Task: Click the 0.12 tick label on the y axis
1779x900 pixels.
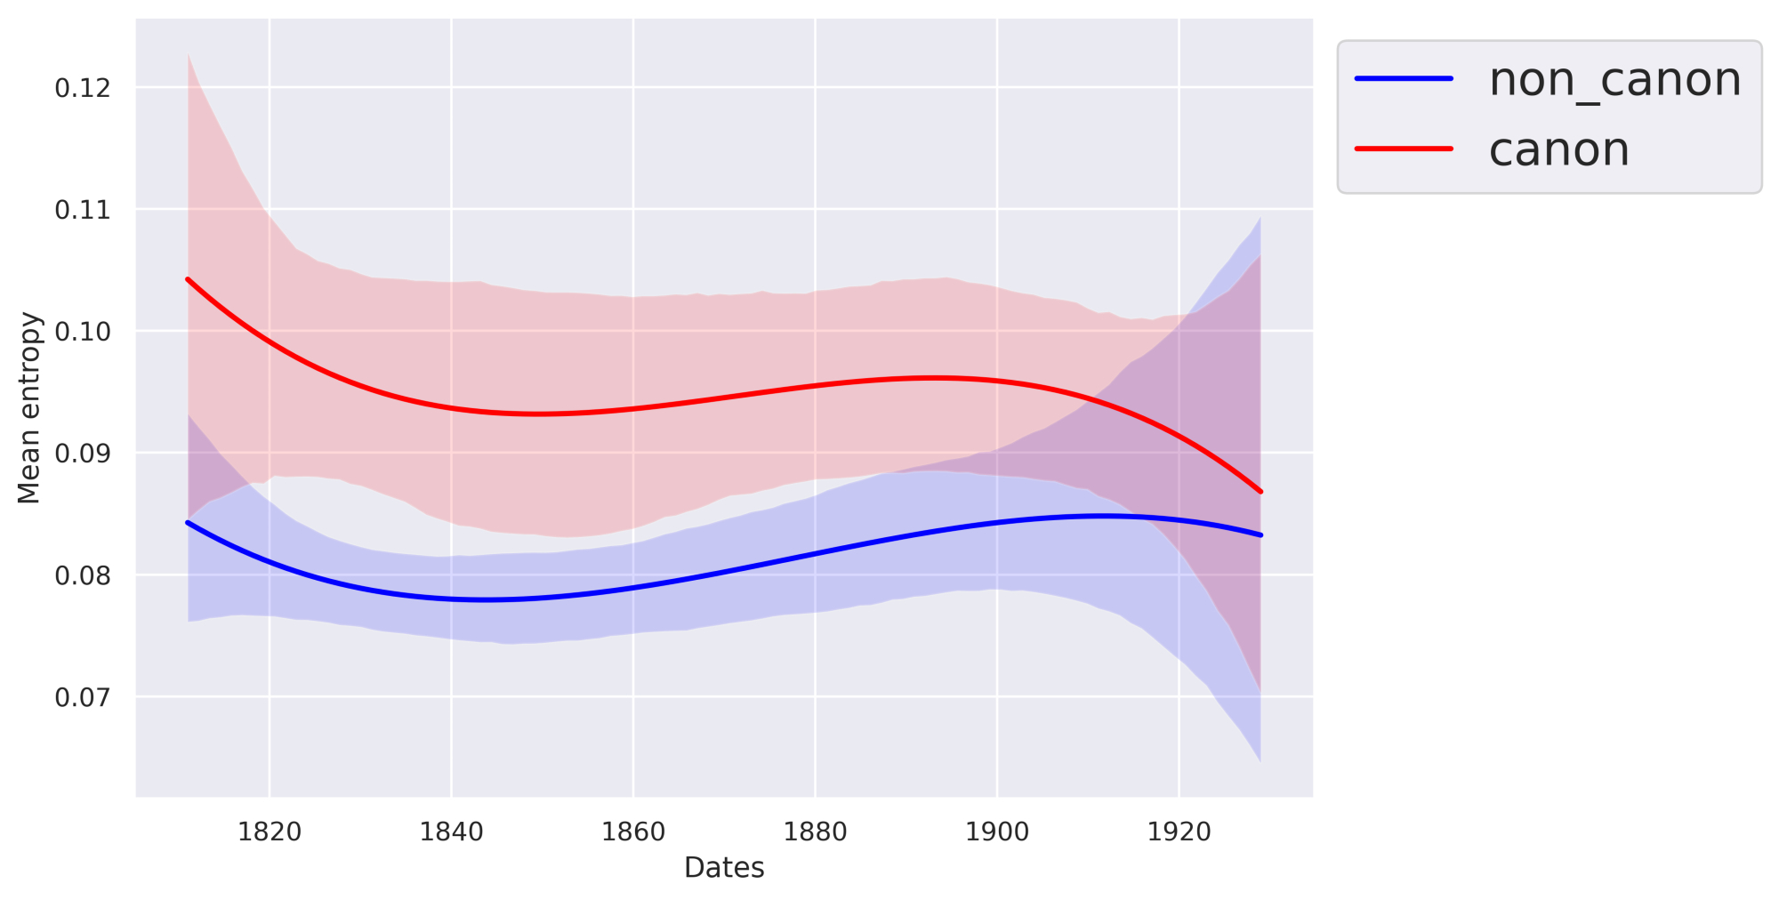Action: tap(83, 88)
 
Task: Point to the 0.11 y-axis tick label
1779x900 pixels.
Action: tap(83, 210)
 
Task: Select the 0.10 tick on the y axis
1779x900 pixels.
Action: tap(83, 332)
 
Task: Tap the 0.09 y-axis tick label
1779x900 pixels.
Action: tap(83, 454)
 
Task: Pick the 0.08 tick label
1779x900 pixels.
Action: tap(83, 575)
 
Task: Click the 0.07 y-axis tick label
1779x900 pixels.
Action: tap(83, 697)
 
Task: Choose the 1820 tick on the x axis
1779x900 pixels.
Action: tap(270, 832)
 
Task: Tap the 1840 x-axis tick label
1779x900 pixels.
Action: tap(451, 832)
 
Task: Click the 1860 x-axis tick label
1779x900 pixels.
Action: tap(633, 832)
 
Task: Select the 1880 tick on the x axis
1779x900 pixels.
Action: tap(815, 832)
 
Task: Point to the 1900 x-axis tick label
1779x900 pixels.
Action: tap(997, 832)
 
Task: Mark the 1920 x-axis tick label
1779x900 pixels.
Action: tap(1179, 832)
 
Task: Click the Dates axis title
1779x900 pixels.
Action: tap(724, 868)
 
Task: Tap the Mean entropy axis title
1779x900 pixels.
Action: tap(29, 407)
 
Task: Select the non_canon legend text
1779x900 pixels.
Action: tap(1614, 79)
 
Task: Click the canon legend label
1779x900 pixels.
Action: tap(1558, 149)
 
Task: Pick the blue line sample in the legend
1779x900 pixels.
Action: tap(1404, 78)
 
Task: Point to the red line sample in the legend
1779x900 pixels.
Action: tap(1404, 149)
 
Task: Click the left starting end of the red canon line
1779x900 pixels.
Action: tap(188, 279)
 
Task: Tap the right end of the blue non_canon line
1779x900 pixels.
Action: tap(1260, 535)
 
